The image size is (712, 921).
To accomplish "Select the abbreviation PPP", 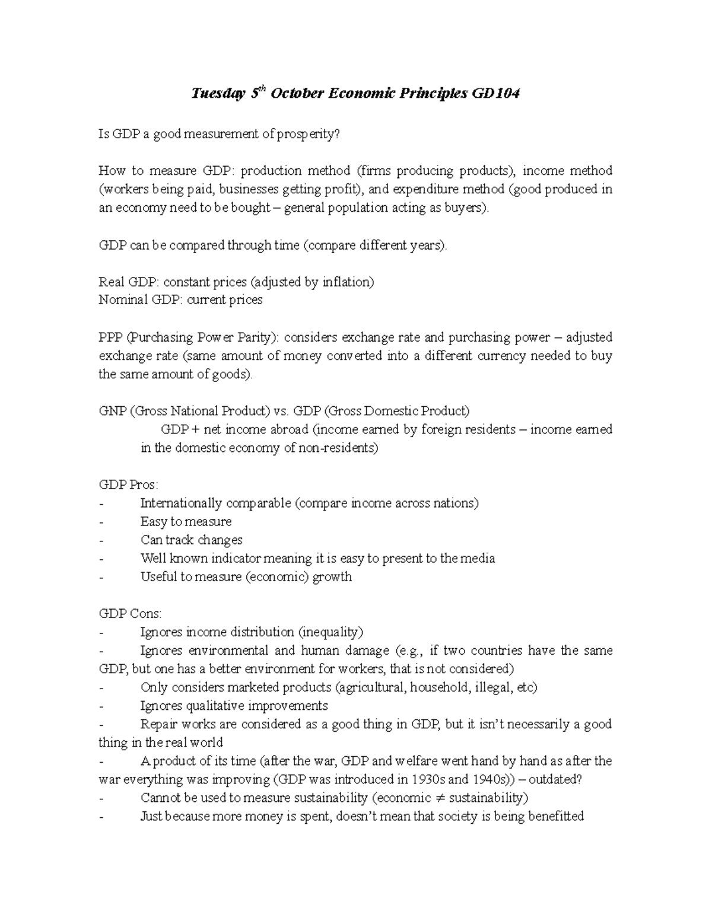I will coord(110,337).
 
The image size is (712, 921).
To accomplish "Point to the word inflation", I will coord(347,282).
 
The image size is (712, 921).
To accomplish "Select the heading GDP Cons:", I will coord(129,614).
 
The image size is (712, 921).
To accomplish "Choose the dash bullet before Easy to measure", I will coord(101,522).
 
